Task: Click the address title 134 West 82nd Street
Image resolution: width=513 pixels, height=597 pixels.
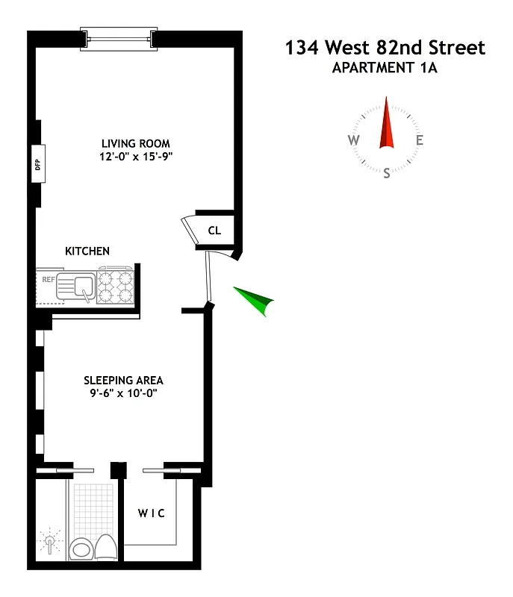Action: click(385, 49)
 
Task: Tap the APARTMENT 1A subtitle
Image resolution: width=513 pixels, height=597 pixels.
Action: click(385, 70)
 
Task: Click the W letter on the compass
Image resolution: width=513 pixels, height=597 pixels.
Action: click(353, 140)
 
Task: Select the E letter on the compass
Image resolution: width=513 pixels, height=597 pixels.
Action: click(420, 140)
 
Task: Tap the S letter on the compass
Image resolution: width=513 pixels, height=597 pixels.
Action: click(386, 174)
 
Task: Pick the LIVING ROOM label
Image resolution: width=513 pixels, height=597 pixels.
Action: click(136, 143)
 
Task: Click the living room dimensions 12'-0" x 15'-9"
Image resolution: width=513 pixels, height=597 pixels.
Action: click(136, 157)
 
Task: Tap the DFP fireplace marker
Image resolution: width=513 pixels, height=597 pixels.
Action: click(37, 164)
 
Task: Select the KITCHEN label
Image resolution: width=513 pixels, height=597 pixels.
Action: click(87, 251)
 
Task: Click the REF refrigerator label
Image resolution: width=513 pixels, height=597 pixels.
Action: click(49, 281)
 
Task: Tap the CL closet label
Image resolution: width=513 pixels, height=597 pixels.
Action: click(214, 231)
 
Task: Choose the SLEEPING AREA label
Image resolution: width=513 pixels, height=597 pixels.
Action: click(123, 380)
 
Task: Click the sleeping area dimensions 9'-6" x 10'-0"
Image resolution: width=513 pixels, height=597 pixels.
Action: click(123, 393)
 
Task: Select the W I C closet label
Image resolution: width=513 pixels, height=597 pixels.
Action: click(151, 513)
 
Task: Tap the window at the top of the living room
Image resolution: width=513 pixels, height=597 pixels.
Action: click(119, 38)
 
